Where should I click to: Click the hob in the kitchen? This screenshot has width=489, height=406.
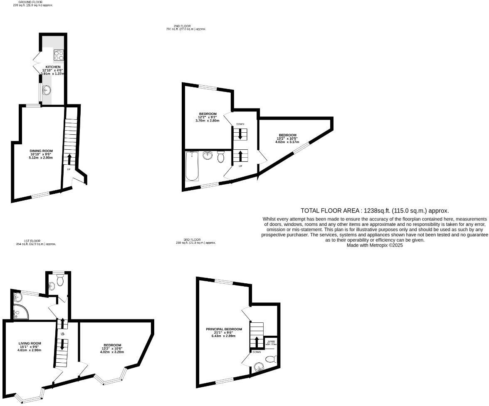tap(59, 55)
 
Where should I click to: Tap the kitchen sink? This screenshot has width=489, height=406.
tap(47, 89)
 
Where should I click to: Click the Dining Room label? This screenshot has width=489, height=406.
tap(41, 151)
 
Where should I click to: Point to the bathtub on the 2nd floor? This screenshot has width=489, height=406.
tap(192, 166)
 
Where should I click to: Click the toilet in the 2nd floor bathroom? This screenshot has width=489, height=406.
tap(221, 156)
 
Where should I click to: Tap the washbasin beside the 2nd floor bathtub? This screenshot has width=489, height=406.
tap(207, 156)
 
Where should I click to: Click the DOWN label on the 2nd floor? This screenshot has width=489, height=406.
tap(240, 124)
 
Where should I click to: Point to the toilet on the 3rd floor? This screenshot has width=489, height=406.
tap(271, 359)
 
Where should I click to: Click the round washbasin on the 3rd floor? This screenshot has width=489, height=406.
tap(259, 367)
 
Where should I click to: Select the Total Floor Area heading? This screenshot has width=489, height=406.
tap(375, 211)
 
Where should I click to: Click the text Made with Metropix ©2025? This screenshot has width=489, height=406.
tap(375, 245)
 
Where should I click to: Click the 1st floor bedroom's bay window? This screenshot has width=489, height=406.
tap(111, 379)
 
